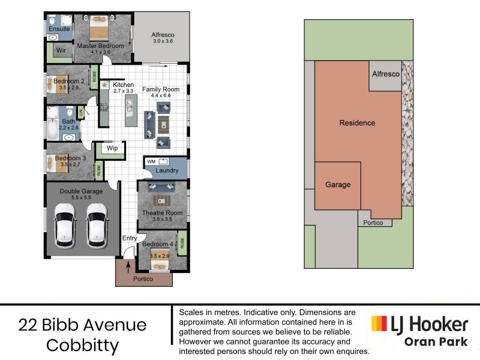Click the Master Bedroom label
click(100, 46)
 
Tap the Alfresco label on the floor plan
click(162, 35)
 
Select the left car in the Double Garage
click(64, 225)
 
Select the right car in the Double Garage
click(97, 225)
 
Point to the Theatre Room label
click(162, 213)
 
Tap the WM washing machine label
click(151, 161)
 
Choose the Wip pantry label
click(112, 148)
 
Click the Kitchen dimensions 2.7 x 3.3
click(124, 91)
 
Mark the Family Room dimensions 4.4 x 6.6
click(157, 95)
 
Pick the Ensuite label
click(59, 29)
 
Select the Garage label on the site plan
click(338, 185)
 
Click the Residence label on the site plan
click(357, 123)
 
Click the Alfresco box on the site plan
click(385, 75)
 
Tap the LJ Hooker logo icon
click(379, 325)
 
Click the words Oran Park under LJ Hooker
click(436, 343)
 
